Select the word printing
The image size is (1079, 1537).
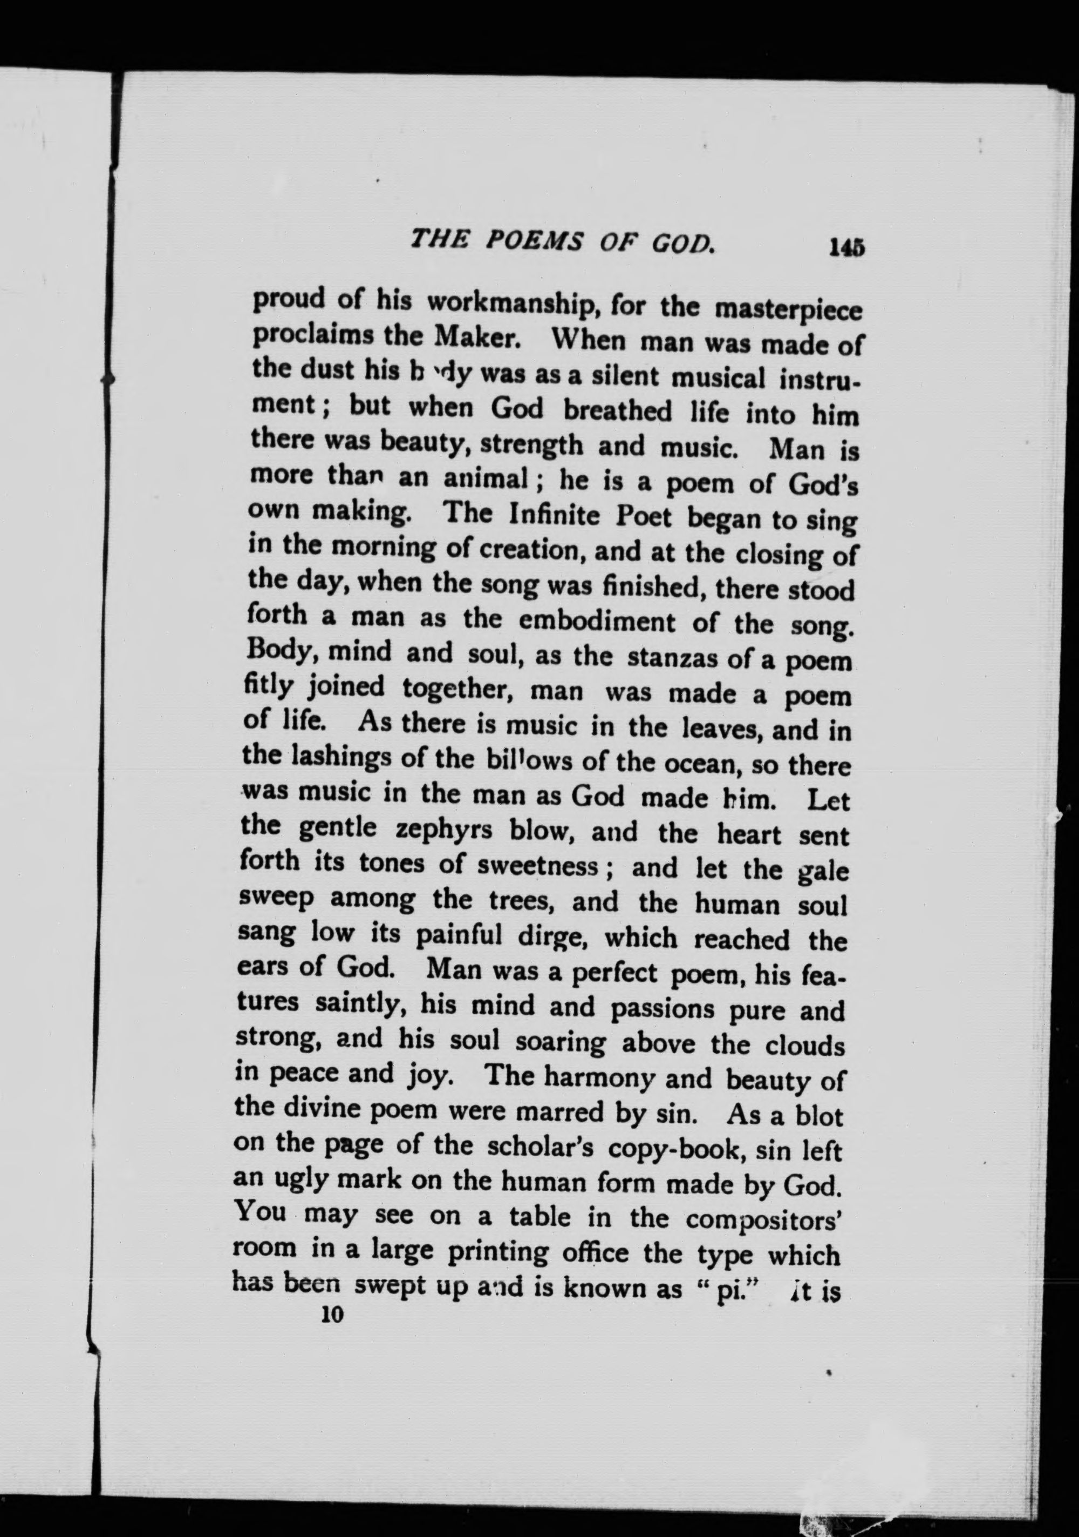pyautogui.click(x=494, y=1252)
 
